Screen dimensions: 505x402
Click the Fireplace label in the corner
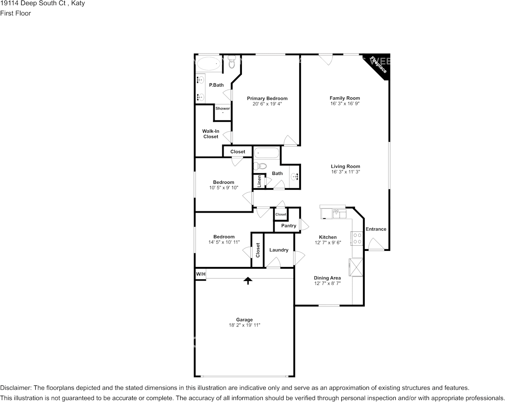[378, 65]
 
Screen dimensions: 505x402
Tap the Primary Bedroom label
[267, 98]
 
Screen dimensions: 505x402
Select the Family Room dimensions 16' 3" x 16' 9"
[345, 104]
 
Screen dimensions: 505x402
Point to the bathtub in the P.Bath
[209, 64]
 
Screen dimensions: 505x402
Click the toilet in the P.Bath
[232, 62]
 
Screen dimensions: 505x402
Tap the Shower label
[223, 108]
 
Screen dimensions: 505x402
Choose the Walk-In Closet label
[211, 134]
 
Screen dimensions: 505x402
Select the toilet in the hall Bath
[260, 166]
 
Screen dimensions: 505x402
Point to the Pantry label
[289, 226]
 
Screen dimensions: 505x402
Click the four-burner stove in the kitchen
[357, 238]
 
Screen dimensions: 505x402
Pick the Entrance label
[376, 229]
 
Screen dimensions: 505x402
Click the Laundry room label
[279, 250]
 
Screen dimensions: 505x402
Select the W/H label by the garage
[201, 274]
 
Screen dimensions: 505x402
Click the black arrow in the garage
[248, 281]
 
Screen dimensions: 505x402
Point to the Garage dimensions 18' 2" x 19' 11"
[244, 325]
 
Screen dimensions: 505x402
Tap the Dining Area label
[327, 278]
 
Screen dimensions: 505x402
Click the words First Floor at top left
[15, 13]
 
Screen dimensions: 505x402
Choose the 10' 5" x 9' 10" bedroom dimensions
[224, 188]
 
